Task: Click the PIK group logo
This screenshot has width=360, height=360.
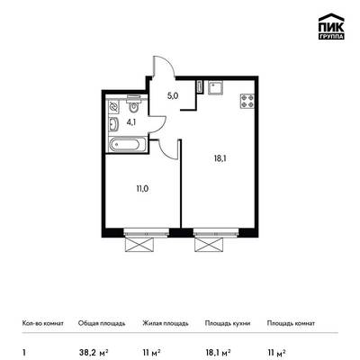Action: (x=331, y=26)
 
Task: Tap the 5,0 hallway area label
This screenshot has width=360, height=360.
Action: (x=173, y=96)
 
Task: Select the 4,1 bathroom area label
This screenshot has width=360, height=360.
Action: (x=130, y=122)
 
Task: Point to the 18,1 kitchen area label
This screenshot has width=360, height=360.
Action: (x=220, y=158)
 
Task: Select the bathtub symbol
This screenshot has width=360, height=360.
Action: (x=128, y=145)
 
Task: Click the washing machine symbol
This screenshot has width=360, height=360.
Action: (x=113, y=107)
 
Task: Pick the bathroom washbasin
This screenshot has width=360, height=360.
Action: (x=113, y=125)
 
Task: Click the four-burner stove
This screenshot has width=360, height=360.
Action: (x=247, y=101)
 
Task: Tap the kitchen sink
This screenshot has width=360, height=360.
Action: (x=215, y=88)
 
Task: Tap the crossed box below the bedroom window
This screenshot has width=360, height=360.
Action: (x=140, y=245)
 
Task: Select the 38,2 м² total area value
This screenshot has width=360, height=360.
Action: (x=93, y=352)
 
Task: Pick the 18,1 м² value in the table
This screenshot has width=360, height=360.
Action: (x=218, y=352)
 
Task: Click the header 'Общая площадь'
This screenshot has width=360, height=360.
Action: (x=102, y=324)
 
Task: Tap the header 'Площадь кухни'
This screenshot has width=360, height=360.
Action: (x=228, y=324)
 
